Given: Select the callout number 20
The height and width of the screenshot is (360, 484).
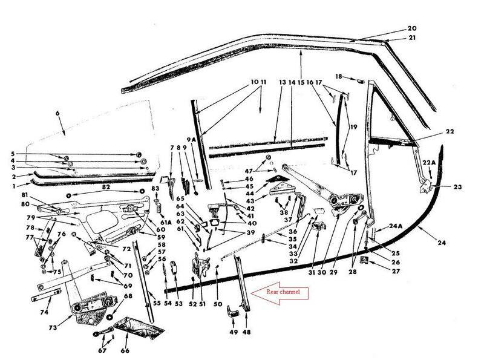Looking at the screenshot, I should point(412,28).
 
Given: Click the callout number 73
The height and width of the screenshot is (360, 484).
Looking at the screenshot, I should point(53,327).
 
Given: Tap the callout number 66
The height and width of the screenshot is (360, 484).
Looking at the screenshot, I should point(125,349).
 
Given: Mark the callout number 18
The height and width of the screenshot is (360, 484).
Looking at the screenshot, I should point(339,77).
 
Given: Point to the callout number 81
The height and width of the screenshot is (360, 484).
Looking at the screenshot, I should point(24,195).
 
